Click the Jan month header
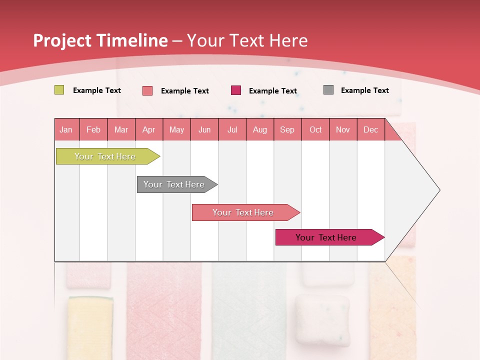tap(66, 129)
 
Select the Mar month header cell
tap(121, 129)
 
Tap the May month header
tap(176, 129)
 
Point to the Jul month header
tap(232, 129)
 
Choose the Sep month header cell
tap(287, 129)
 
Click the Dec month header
tap(370, 129)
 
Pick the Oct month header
tap(315, 129)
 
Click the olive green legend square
tap(59, 90)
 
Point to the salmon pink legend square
tap(147, 90)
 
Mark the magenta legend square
tap(236, 90)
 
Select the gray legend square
tap(328, 90)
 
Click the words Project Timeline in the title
tap(100, 40)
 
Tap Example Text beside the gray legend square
tap(364, 90)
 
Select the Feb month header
tap(93, 129)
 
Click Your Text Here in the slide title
tap(247, 40)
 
